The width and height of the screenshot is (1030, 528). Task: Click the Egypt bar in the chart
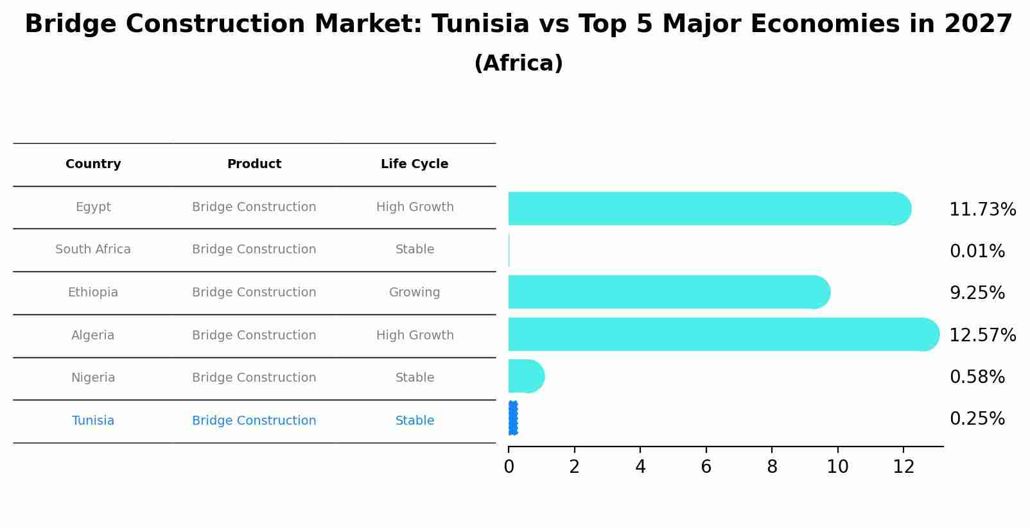706,209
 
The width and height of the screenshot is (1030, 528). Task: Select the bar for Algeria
719,334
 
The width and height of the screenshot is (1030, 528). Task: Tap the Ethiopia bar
668,292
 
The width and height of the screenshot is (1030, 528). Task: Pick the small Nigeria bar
525,376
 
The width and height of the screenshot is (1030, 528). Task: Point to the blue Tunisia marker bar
512,418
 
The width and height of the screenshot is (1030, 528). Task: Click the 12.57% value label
982,336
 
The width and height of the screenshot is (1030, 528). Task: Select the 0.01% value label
977,251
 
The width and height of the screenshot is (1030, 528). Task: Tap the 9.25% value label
977,293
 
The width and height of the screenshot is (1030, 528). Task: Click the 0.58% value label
977,377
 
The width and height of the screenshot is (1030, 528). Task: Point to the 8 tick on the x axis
772,467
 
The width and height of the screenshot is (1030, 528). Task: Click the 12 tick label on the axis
903,467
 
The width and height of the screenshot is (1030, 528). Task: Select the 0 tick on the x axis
509,467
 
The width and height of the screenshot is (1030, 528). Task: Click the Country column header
93,164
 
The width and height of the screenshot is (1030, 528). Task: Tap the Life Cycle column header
414,164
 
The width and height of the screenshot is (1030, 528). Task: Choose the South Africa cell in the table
93,250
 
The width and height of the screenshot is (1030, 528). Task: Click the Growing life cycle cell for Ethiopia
414,293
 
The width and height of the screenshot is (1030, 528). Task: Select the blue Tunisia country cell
93,421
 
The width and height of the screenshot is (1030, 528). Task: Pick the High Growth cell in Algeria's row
414,336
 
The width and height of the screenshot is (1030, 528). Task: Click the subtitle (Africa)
518,64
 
